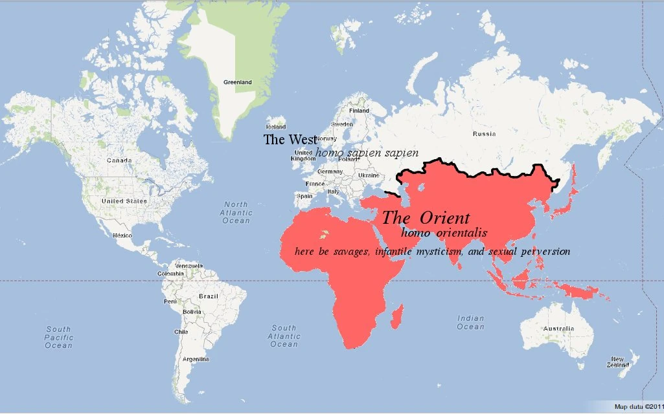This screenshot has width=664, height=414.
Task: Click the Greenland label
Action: coord(237,82)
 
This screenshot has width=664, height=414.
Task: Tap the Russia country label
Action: coord(484,134)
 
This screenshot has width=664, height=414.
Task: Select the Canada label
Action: coord(119,160)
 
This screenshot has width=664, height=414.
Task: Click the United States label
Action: coord(124,201)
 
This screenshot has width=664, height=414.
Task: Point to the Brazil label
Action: coord(209,296)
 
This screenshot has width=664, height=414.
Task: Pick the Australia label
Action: coord(558,329)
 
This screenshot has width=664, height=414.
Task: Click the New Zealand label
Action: coord(617,362)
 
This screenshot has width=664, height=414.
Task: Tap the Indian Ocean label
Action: coord(470,322)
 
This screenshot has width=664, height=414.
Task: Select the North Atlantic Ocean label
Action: coord(235,212)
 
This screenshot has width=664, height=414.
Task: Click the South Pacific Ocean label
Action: coord(58,338)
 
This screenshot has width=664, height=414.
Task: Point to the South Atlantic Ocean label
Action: coord(284,336)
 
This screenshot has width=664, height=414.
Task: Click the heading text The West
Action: coord(290,139)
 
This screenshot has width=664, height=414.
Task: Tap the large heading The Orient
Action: coord(426,217)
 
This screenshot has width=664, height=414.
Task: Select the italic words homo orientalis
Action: coord(444,232)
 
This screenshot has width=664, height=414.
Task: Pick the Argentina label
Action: coord(195,358)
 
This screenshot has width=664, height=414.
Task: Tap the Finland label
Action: coord(359,111)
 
